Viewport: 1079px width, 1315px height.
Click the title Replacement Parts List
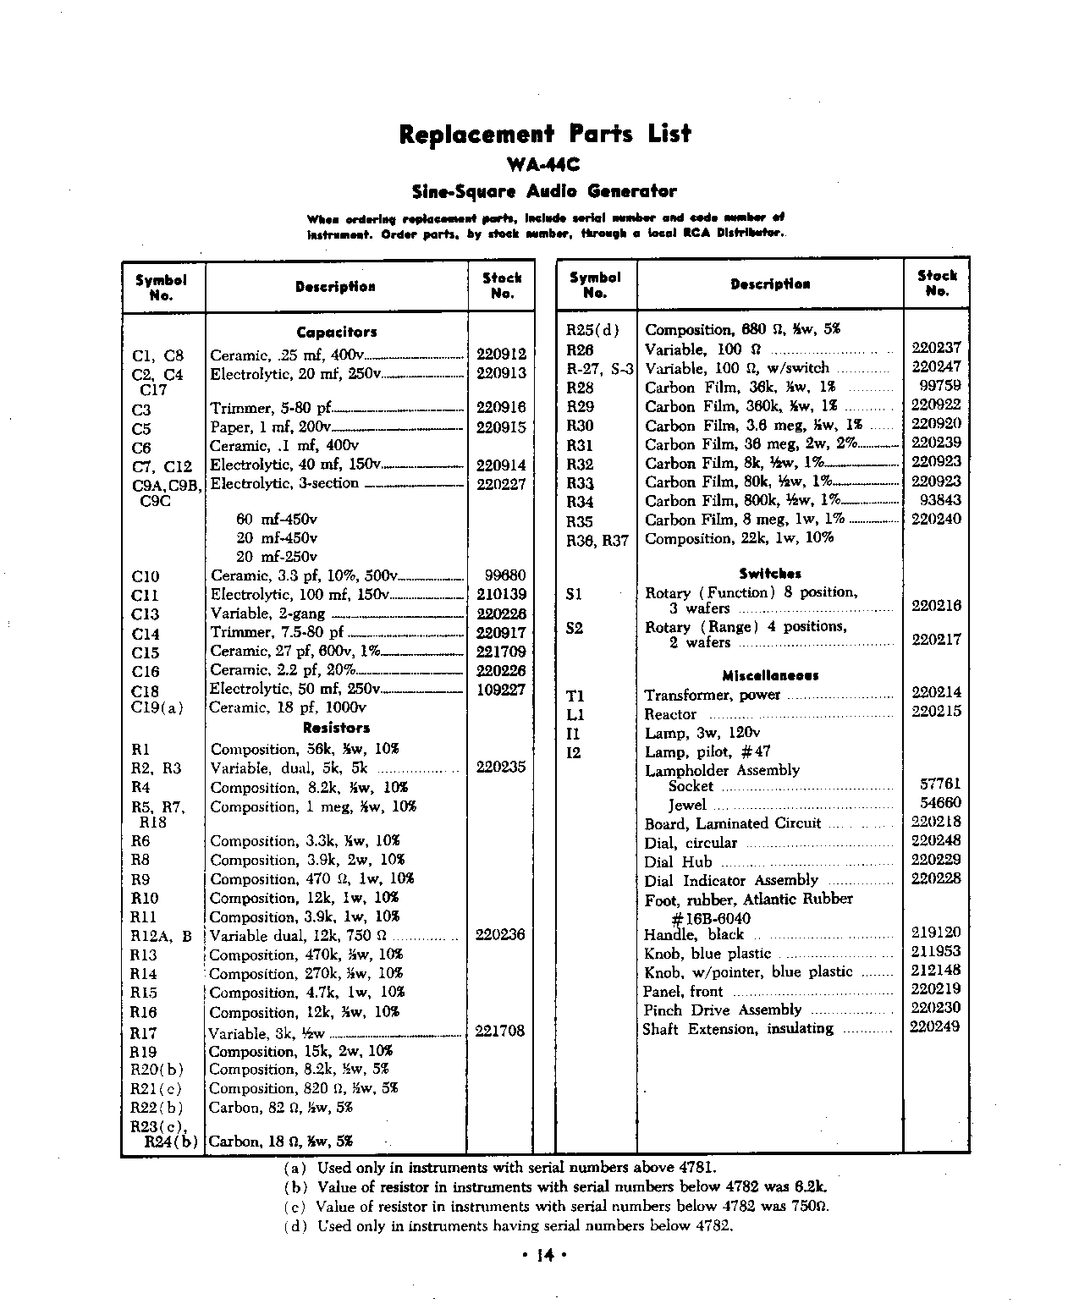(544, 134)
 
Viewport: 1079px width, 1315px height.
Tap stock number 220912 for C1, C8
(501, 355)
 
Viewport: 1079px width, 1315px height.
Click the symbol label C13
(146, 614)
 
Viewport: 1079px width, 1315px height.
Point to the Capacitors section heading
(337, 333)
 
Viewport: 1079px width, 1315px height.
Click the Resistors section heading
(337, 728)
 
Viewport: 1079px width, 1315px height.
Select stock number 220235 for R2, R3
(501, 768)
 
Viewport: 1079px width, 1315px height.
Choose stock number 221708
(500, 1031)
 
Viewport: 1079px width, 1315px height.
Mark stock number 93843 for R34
(939, 500)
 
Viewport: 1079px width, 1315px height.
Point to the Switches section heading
(769, 574)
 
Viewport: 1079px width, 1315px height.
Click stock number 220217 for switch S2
(936, 640)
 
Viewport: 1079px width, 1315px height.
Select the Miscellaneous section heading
(769, 675)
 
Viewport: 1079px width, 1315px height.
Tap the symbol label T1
(575, 696)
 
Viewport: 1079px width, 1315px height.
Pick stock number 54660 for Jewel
(940, 802)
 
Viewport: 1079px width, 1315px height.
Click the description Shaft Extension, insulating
(738, 1029)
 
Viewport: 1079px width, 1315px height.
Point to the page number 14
(543, 1257)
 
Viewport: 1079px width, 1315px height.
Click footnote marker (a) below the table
(295, 1168)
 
